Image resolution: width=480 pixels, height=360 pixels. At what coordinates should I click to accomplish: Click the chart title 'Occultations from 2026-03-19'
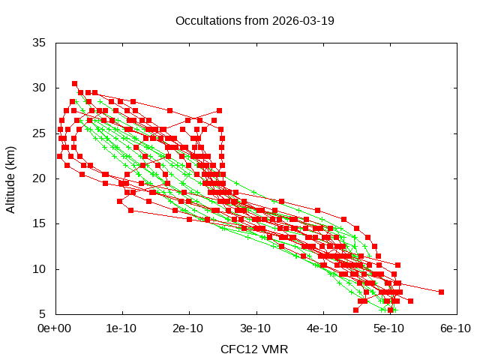(x=254, y=20)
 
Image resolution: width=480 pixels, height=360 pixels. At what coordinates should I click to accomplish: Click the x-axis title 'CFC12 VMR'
(x=254, y=349)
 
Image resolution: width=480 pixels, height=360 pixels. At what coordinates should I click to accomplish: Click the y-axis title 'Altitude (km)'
(x=11, y=178)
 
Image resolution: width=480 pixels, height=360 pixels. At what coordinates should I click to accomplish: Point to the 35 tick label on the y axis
(x=40, y=43)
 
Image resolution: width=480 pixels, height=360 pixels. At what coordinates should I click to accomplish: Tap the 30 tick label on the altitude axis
(x=40, y=88)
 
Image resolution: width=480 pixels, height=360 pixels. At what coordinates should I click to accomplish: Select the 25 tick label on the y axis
(x=40, y=133)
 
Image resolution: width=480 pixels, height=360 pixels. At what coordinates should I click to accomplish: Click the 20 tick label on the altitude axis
(x=40, y=178)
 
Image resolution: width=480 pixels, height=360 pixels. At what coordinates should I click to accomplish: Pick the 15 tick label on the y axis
(x=40, y=223)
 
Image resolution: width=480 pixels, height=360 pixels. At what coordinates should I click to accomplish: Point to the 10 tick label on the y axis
(x=40, y=269)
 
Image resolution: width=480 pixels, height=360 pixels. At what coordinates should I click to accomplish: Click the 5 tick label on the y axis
(x=43, y=314)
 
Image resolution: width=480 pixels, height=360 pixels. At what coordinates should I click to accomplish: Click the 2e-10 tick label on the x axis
(x=188, y=328)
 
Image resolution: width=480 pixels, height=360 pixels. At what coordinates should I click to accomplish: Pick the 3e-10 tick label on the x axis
(x=256, y=328)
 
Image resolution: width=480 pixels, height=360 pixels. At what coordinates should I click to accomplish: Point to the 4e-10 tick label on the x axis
(x=322, y=328)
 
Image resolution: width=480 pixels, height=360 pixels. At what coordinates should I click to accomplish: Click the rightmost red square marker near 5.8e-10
(x=441, y=292)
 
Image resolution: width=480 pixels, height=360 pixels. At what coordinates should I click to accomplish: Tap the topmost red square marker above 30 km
(x=74, y=83)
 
